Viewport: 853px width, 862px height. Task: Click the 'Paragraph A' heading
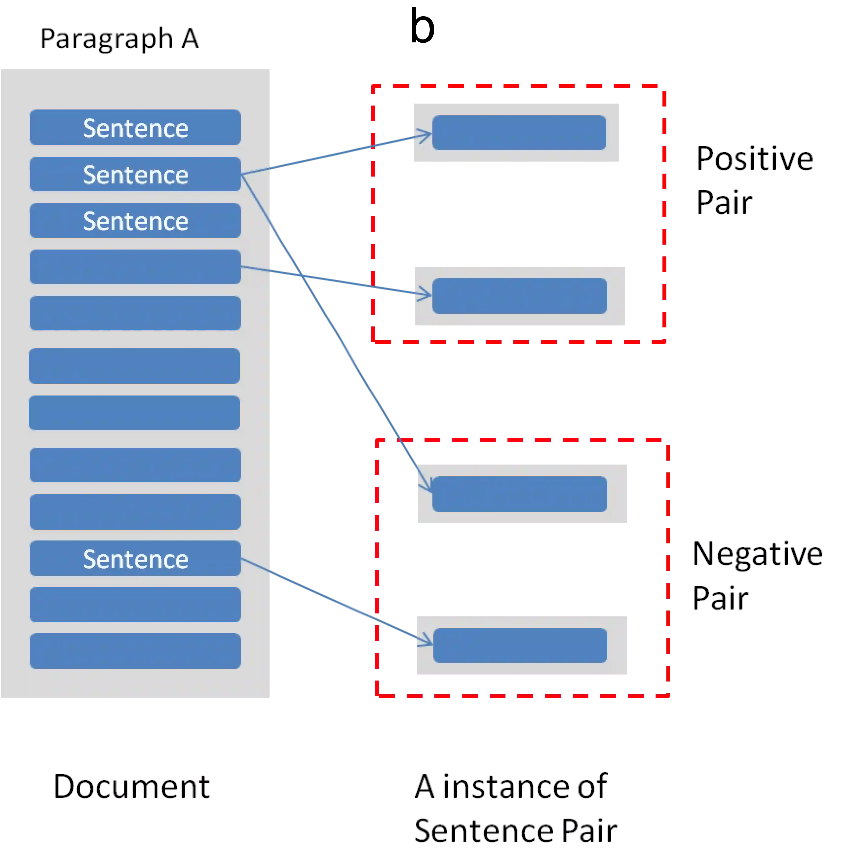[120, 39]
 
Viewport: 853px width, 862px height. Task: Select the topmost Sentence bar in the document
[135, 128]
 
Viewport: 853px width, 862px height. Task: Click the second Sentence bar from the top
[135, 174]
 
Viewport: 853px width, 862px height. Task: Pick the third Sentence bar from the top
[135, 220]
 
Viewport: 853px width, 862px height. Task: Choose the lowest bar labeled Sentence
[135, 559]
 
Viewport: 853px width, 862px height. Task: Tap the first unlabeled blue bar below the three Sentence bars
[135, 267]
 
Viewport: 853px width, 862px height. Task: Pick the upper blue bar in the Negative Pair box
[519, 494]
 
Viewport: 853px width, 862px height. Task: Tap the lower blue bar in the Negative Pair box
[520, 646]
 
